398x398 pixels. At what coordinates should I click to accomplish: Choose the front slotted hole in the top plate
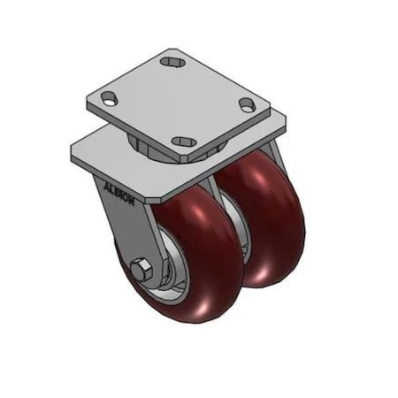183,141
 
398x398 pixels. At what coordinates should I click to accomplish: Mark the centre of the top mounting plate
177,102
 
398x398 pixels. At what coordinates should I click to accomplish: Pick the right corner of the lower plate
285,118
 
